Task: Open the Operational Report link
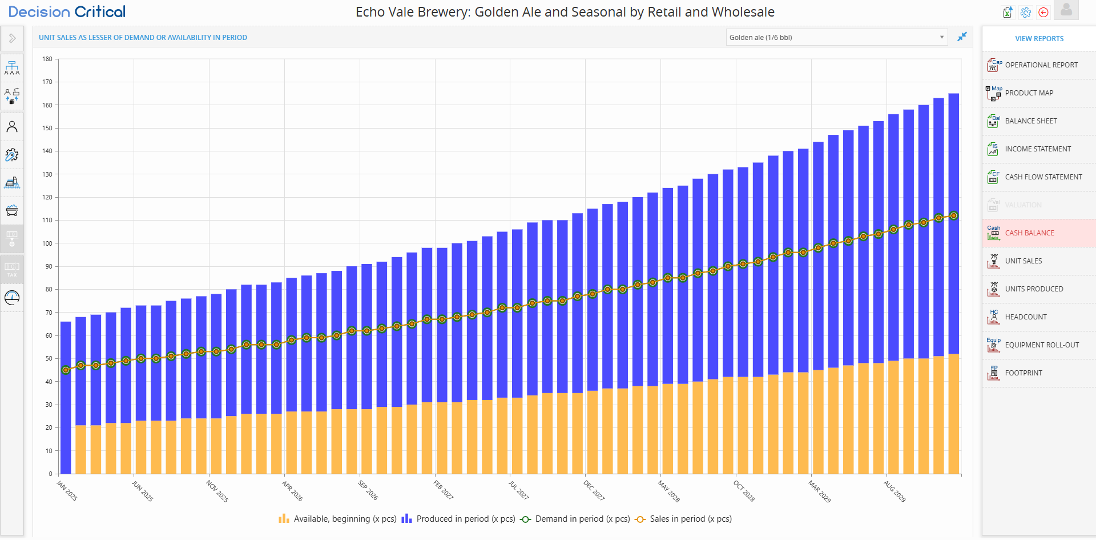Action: (1041, 65)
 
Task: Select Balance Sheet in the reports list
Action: (1030, 121)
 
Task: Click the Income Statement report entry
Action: (1037, 149)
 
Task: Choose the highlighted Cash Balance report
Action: (1029, 233)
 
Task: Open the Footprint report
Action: (1023, 373)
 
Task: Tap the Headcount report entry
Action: (1025, 317)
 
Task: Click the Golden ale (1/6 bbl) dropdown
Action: (836, 38)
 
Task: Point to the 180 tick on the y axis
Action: (47, 59)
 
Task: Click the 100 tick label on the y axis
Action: (47, 243)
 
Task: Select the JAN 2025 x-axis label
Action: (67, 491)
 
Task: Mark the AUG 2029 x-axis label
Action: (894, 491)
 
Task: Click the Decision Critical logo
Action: (67, 12)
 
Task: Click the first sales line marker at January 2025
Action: (66, 370)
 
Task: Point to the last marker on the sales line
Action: (953, 216)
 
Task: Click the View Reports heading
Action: (1039, 39)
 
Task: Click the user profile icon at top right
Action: (1066, 10)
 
